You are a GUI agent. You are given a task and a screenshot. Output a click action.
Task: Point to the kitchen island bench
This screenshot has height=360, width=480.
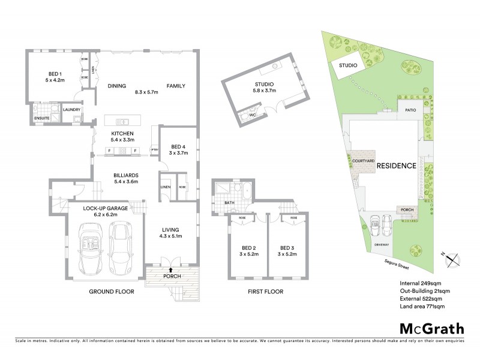point(122,119)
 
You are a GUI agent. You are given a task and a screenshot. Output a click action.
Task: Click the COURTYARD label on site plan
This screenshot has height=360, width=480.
point(364,161)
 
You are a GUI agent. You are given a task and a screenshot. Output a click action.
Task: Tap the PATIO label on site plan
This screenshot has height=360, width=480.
point(410,110)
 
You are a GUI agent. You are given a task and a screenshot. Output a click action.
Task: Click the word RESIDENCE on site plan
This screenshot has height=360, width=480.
point(395,166)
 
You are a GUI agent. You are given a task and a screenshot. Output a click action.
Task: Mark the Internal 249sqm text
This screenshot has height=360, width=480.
point(416,282)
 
